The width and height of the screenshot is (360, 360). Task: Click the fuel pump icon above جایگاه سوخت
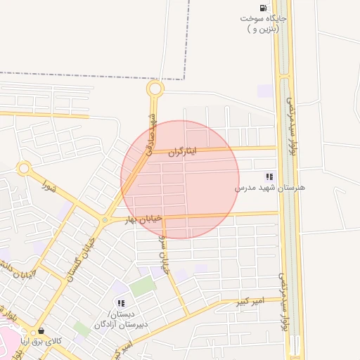point(262,5)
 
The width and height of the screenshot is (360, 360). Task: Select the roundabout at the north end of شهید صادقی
point(155,89)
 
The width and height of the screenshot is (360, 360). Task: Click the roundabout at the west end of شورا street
point(25,169)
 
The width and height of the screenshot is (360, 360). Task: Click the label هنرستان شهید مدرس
point(261,188)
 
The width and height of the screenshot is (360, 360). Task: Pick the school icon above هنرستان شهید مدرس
point(269,176)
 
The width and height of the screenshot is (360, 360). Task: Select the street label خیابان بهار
point(143,219)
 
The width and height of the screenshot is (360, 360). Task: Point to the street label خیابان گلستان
point(81,258)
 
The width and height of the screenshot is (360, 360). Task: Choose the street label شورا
point(49,186)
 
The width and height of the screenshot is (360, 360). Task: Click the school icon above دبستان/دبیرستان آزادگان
point(121,304)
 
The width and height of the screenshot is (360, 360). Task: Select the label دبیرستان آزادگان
point(115,324)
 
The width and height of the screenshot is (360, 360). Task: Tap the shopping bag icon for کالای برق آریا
point(40,331)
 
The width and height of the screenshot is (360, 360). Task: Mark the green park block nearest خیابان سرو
point(143,286)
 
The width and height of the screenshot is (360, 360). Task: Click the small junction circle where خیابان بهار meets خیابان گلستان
point(105,221)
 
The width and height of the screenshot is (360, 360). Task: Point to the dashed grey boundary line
point(91,75)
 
